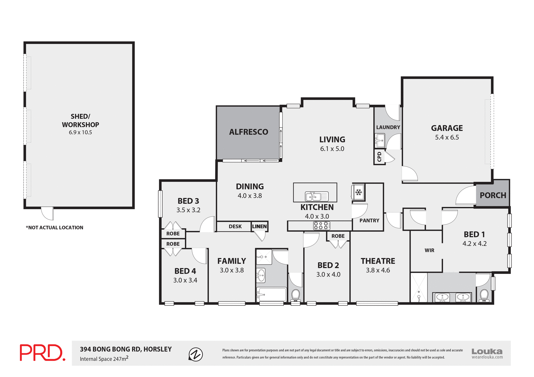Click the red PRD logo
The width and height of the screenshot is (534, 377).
click(x=42, y=353)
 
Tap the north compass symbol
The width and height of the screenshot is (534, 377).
click(x=196, y=354)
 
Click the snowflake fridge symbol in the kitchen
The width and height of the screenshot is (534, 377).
click(x=359, y=192)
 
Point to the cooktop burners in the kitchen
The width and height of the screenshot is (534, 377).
click(x=322, y=226)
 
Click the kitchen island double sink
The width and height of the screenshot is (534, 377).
click(x=317, y=196)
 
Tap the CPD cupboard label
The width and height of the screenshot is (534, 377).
click(x=379, y=157)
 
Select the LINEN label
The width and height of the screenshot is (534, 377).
click(x=259, y=226)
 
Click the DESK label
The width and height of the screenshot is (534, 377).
click(x=235, y=226)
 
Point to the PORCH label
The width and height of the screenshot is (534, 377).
click(x=493, y=195)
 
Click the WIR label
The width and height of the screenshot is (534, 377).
click(x=429, y=250)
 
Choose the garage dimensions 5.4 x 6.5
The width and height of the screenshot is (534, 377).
click(x=447, y=137)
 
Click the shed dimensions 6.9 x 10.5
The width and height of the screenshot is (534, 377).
click(x=80, y=133)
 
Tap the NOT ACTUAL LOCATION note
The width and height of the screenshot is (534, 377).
click(x=55, y=228)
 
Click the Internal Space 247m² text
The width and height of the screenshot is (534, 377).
click(x=104, y=359)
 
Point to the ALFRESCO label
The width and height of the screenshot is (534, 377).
click(x=248, y=132)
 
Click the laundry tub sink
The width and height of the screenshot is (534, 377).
click(x=379, y=141)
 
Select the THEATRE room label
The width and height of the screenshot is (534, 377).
click(x=378, y=261)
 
